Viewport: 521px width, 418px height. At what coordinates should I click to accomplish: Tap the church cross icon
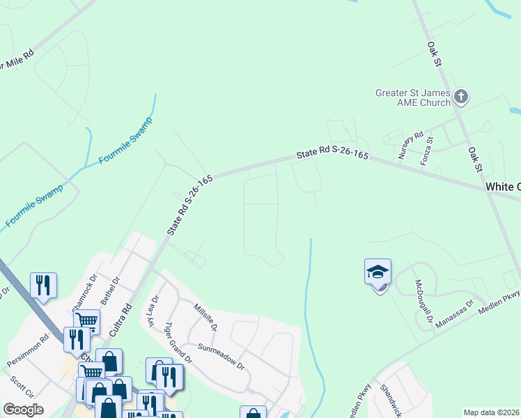point(461,97)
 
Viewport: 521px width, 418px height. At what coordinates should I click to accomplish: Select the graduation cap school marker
point(378,272)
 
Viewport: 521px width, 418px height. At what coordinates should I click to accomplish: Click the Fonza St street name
point(430,149)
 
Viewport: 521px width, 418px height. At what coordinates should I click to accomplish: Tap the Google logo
point(23,410)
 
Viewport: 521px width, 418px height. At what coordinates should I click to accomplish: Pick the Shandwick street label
point(390,398)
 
